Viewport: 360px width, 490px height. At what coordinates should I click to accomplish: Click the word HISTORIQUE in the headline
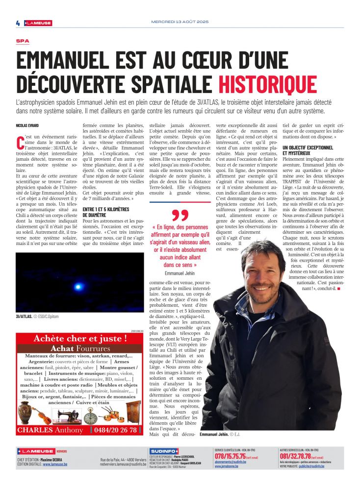click(267, 84)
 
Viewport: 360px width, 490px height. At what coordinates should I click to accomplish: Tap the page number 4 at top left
click(18, 23)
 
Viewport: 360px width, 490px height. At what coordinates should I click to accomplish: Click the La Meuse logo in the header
click(38, 23)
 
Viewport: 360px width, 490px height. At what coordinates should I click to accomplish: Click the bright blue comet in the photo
click(77, 286)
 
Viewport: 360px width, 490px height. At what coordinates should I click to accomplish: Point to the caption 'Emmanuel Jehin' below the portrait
click(214, 435)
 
